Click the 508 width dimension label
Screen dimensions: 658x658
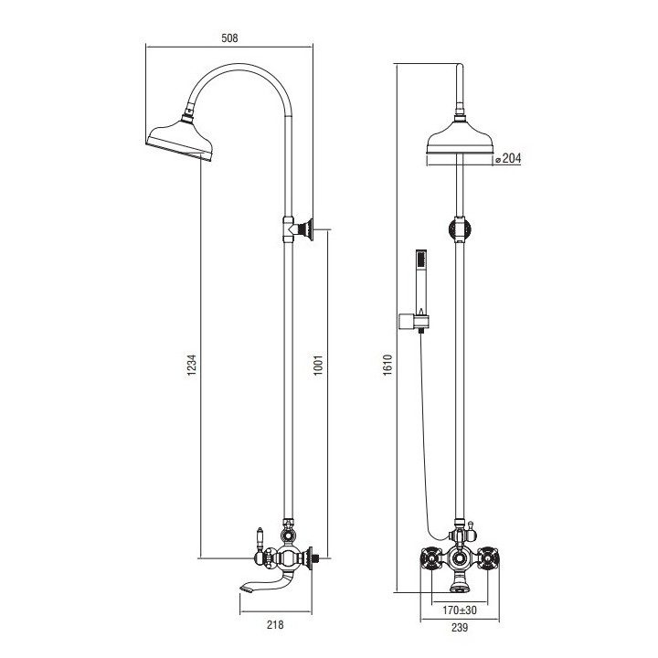[229, 38]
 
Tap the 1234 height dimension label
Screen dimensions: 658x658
[191, 365]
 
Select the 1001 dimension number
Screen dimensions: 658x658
[319, 365]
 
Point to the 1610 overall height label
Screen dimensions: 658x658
[387, 365]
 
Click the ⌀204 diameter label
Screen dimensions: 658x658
[508, 158]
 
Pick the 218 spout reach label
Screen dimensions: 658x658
[275, 625]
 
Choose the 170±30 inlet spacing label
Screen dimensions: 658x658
[460, 610]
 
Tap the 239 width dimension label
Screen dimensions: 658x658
[460, 627]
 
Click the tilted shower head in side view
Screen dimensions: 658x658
[180, 141]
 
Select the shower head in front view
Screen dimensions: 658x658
[460, 135]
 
